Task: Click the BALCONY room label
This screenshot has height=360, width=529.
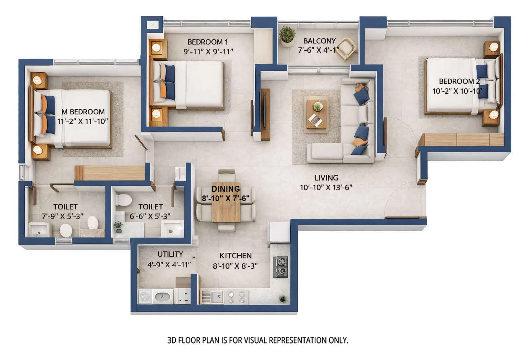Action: (319, 41)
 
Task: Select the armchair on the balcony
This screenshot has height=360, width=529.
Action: (346, 49)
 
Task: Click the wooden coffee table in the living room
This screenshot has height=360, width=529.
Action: (317, 112)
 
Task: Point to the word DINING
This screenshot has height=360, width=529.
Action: (226, 189)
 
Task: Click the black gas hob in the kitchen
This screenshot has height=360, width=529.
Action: (281, 267)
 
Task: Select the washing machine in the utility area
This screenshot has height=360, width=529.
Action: (145, 297)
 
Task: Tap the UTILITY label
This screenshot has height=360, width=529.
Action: (170, 254)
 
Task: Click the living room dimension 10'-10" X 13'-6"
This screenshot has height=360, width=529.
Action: (326, 187)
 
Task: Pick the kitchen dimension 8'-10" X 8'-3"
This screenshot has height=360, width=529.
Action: (235, 266)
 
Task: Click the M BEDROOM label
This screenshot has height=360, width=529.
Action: (83, 112)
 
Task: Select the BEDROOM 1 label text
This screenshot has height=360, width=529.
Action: (208, 42)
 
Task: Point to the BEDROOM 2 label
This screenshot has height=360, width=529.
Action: (459, 81)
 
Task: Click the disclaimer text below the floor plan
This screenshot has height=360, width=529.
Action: (258, 340)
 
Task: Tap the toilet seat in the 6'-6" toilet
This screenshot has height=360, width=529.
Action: (124, 200)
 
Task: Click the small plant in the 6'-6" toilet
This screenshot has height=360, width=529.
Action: (118, 226)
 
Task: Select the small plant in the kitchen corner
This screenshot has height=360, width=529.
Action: (282, 299)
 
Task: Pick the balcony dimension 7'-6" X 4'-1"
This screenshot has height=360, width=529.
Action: (318, 50)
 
